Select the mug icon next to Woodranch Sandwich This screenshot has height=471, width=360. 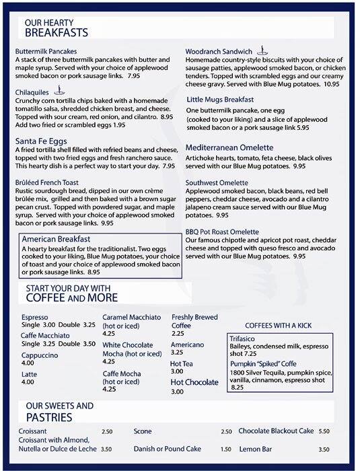(x=264, y=50)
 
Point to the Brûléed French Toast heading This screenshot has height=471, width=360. (x=46, y=182)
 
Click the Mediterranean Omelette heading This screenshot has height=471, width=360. (x=229, y=147)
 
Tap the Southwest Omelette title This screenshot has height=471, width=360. (x=221, y=182)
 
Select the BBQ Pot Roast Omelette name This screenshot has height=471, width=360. (x=222, y=231)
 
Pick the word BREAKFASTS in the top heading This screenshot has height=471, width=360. (x=57, y=32)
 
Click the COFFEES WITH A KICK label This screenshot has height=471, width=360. (x=278, y=325)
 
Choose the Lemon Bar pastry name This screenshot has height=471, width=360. (x=256, y=449)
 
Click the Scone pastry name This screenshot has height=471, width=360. (x=143, y=431)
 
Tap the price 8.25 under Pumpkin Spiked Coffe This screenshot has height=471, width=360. (x=238, y=387)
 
